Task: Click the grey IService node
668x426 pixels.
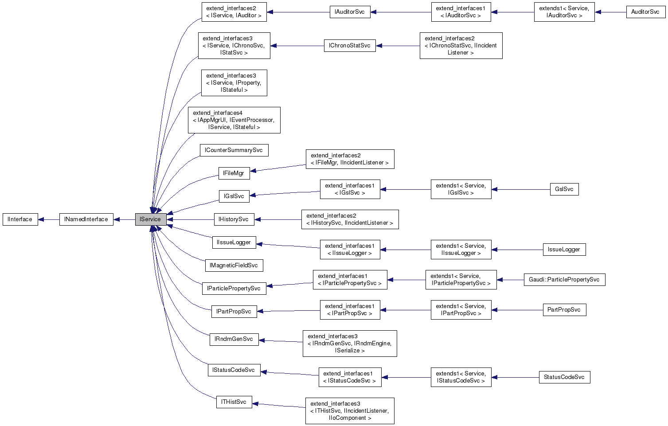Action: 151,219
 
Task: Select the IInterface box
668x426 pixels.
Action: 20,219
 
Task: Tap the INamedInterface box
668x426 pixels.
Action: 86,219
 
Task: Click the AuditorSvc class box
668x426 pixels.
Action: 645,12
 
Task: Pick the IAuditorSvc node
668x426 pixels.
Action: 350,12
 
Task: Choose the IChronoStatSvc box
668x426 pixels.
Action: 349,46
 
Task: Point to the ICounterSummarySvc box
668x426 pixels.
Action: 234,150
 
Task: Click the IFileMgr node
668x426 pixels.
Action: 234,173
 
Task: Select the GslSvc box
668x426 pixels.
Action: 564,189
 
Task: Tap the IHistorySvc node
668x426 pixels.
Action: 234,219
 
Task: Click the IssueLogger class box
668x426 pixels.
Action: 564,250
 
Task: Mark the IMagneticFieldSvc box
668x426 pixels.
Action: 234,266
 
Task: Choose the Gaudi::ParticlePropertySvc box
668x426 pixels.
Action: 564,280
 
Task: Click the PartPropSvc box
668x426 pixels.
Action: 564,310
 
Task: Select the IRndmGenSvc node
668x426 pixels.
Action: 234,339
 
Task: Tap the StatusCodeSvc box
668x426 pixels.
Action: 564,377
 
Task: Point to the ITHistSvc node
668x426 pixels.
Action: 234,402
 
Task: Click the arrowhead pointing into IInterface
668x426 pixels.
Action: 41,219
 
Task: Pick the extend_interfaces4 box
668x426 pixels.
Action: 234,120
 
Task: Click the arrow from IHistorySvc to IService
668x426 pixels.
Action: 191,219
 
